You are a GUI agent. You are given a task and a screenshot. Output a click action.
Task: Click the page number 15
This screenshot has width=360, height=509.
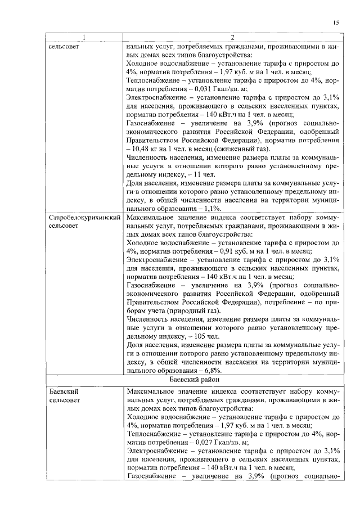pos(336,22)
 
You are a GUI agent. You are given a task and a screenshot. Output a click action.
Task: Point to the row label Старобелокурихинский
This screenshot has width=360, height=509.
pos(84,232)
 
